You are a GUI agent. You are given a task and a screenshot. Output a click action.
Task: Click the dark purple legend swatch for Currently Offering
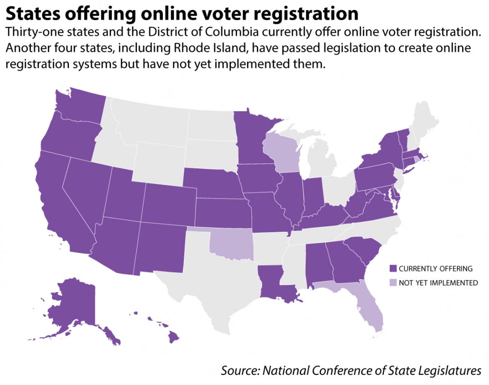point(392,268)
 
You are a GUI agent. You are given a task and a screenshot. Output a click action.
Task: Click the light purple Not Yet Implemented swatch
point(392,283)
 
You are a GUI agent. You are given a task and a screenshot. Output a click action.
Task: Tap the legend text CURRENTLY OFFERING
point(429,268)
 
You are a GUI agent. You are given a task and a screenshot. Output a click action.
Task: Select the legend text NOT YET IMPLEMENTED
point(438,283)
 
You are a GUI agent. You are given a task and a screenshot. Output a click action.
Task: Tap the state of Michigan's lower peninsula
point(320,161)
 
